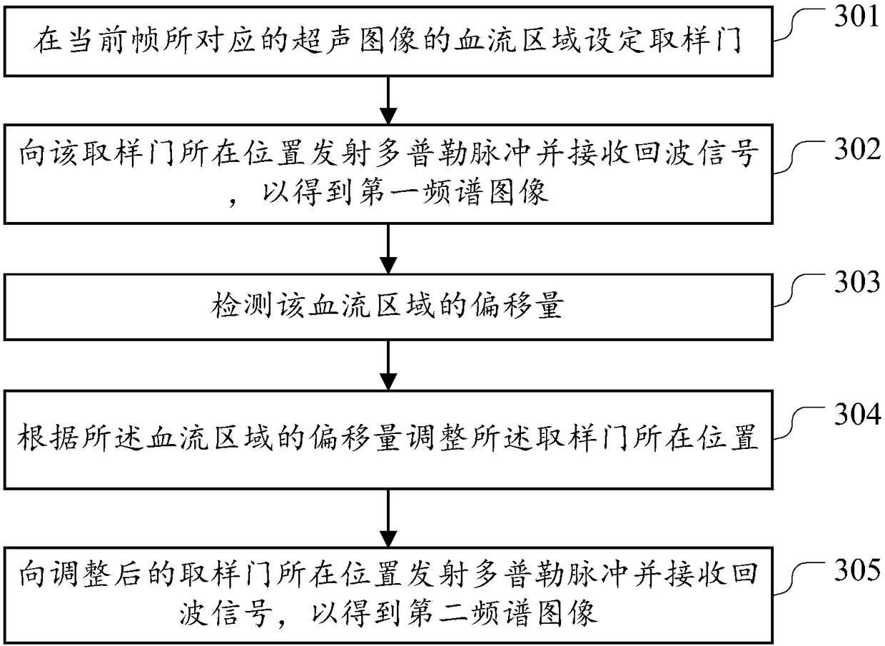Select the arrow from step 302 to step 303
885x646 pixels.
click(387, 250)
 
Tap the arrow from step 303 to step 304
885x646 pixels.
click(387, 366)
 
